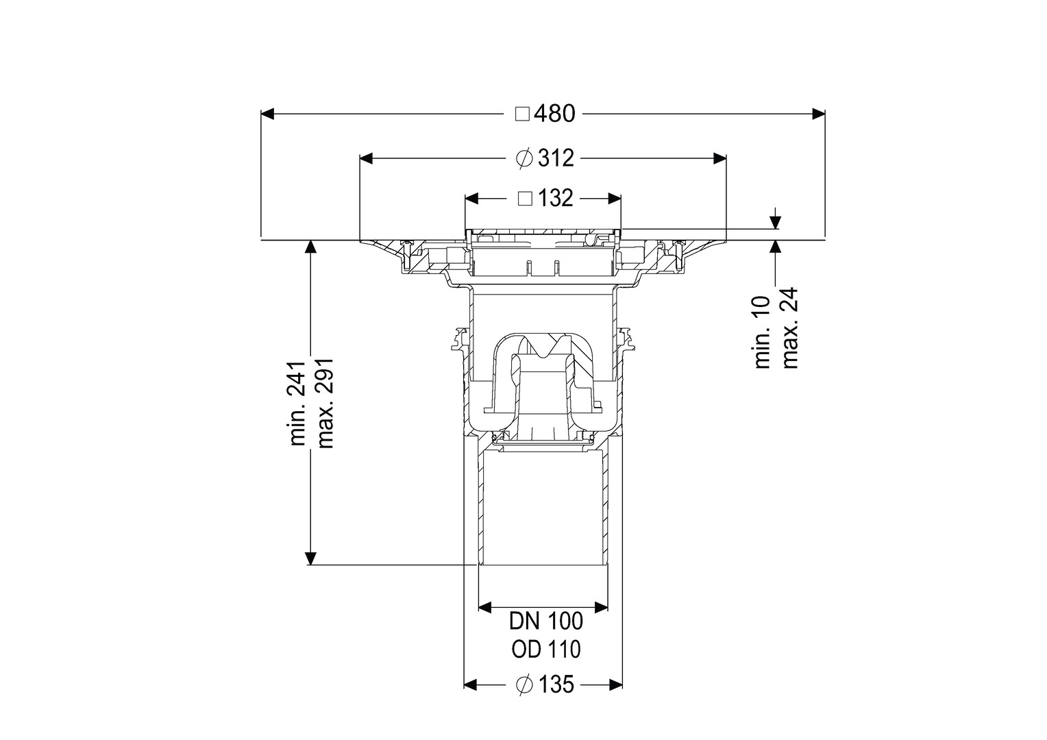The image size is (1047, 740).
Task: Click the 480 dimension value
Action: pyautogui.click(x=554, y=114)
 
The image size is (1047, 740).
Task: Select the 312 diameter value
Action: pyautogui.click(x=556, y=158)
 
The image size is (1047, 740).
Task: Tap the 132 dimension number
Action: pyautogui.click(x=555, y=199)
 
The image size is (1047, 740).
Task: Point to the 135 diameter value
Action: pyautogui.click(x=556, y=684)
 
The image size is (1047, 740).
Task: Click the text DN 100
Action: pyautogui.click(x=546, y=621)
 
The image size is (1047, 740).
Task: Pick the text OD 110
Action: pyautogui.click(x=546, y=650)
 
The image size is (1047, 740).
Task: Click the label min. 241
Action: pyautogui.click(x=298, y=403)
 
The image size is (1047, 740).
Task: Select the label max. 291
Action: pyautogui.click(x=325, y=404)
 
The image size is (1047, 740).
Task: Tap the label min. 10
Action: pyautogui.click(x=763, y=332)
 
